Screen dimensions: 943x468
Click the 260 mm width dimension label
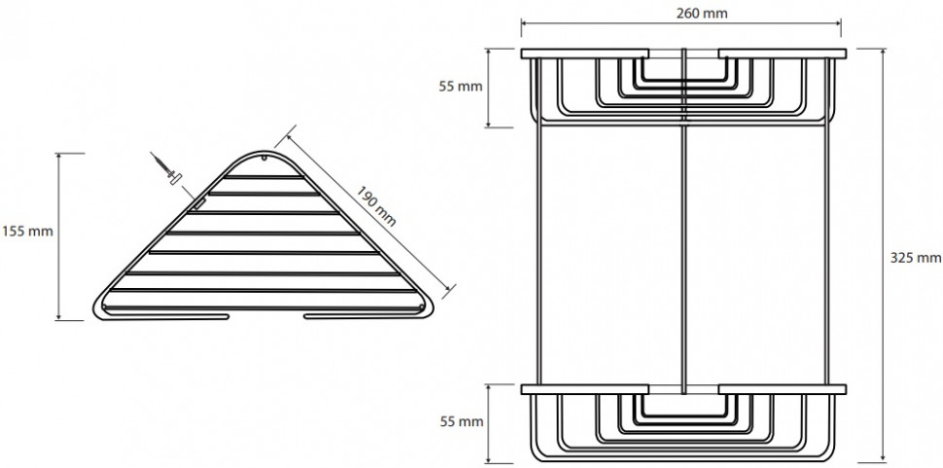702,13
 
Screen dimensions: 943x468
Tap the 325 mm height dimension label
916,258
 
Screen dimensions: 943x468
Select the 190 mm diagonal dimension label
376,206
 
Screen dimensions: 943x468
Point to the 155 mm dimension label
27,231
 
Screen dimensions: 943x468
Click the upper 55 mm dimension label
461,86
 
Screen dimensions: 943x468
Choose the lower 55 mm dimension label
461,421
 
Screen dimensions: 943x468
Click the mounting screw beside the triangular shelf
166,169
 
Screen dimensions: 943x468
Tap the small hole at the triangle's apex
263,159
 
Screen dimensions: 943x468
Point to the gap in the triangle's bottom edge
266,316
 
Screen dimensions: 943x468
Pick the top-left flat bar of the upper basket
584,54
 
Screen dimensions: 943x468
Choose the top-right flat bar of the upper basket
783,54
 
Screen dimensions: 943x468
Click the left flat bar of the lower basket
584,389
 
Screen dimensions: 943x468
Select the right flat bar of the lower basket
783,389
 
